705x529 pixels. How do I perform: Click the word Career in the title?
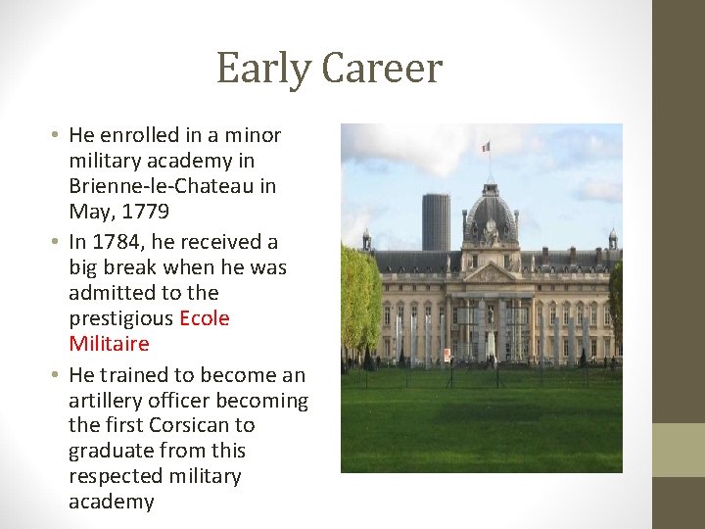tap(382, 69)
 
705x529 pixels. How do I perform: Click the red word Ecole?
tap(204, 318)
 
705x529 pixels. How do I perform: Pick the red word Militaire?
tap(109, 344)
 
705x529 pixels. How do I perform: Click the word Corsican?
tap(193, 425)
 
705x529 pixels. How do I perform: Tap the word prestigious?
tap(120, 318)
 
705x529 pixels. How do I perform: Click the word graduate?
tap(108, 451)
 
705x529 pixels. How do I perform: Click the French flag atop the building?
tap(485, 146)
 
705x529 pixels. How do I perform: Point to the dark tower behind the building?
tap(436, 221)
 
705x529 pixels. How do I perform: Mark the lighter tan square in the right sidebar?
tap(679, 450)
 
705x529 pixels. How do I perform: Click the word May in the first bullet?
tap(89, 211)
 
